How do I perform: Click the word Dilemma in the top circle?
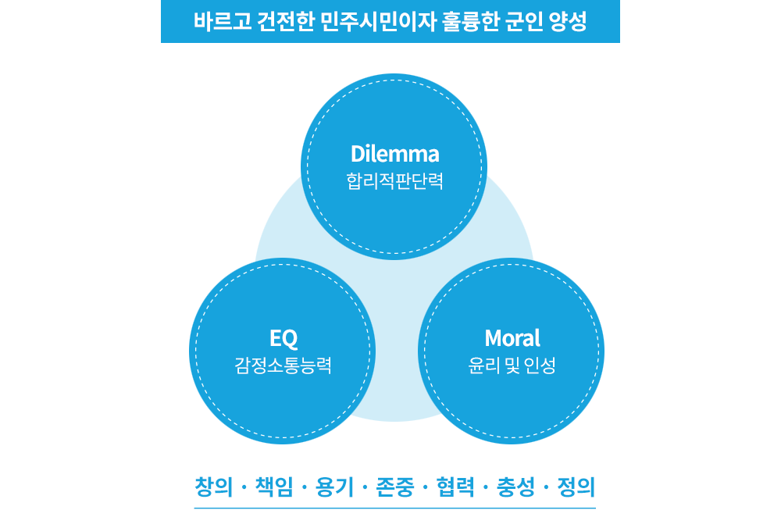click(x=394, y=153)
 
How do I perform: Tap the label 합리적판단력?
click(x=394, y=181)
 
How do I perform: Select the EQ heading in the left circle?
click(x=284, y=338)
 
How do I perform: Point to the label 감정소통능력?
click(x=284, y=365)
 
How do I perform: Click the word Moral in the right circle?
click(x=512, y=338)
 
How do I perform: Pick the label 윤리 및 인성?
click(x=512, y=365)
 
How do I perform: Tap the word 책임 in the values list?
click(x=274, y=487)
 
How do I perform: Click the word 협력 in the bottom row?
click(x=455, y=487)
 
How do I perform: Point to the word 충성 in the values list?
click(x=515, y=487)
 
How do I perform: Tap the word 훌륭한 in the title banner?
click(x=453, y=21)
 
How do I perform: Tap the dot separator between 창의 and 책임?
click(x=244, y=489)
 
